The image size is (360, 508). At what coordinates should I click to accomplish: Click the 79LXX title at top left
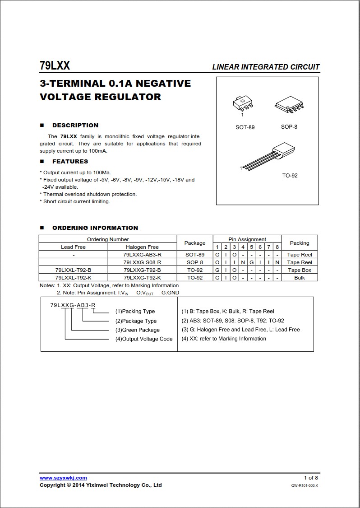pos(55,66)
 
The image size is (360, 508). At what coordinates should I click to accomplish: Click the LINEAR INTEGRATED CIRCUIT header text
pos(266,67)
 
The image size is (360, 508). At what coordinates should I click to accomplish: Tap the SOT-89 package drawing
pos(243,104)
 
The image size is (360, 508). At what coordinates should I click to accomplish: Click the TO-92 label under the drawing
pos(290,176)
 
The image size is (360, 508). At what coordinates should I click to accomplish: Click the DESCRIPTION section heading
pos(75,126)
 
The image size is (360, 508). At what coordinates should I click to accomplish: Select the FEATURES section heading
pos(70,162)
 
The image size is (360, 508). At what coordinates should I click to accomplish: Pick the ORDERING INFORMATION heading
pos(95,228)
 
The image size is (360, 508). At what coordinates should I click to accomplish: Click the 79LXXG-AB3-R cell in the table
pos(142,255)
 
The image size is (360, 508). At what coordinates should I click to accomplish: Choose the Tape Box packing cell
pos(300,270)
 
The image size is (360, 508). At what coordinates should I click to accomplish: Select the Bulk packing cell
pos(300,278)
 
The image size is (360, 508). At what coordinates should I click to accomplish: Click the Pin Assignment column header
pos(247,239)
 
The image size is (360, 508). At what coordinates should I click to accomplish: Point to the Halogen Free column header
pos(142,247)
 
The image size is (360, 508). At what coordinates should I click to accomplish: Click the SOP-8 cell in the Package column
pos(195,262)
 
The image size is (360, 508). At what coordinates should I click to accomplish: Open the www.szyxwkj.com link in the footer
pos(63,478)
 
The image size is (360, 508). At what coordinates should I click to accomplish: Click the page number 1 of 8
pos(311,478)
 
